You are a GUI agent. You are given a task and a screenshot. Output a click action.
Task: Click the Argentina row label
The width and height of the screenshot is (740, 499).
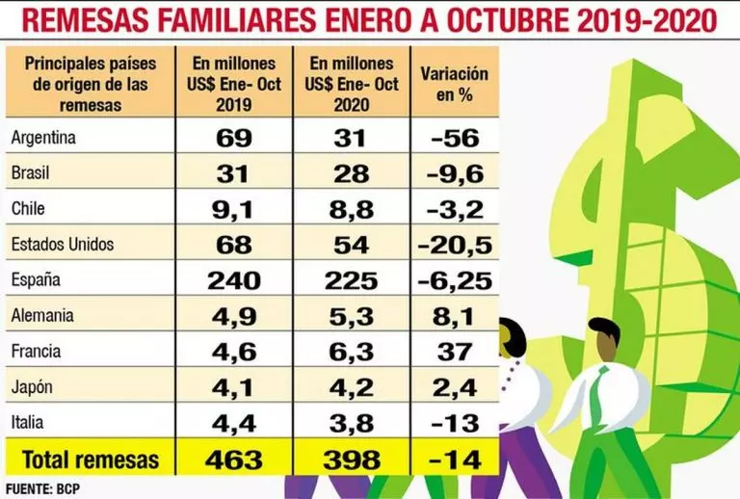[43, 138]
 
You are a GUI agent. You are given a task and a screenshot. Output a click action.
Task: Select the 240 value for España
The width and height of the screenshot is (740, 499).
[234, 280]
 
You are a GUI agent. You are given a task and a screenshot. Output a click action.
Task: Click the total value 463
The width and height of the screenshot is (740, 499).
[234, 458]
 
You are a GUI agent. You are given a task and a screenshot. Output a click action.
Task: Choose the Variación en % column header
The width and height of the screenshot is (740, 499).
[455, 82]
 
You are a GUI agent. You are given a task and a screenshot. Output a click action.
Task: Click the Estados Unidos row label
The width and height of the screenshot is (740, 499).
[63, 245]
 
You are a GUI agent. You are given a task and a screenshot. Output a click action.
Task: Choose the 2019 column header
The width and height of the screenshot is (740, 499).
[234, 82]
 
